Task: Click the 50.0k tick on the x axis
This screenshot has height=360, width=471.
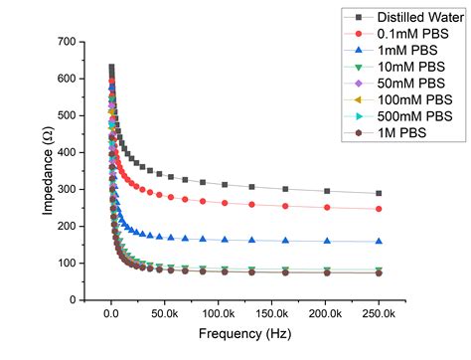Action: (x=165, y=313)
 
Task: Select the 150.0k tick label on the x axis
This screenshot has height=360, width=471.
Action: (x=271, y=313)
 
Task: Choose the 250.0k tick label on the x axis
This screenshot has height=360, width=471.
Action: (x=379, y=313)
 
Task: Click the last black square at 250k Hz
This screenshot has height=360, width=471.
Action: (x=379, y=193)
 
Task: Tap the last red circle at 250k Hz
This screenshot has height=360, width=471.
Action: (x=379, y=209)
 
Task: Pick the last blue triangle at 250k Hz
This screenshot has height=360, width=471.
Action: (x=379, y=241)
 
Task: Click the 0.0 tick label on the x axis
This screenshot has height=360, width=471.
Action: (x=111, y=313)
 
